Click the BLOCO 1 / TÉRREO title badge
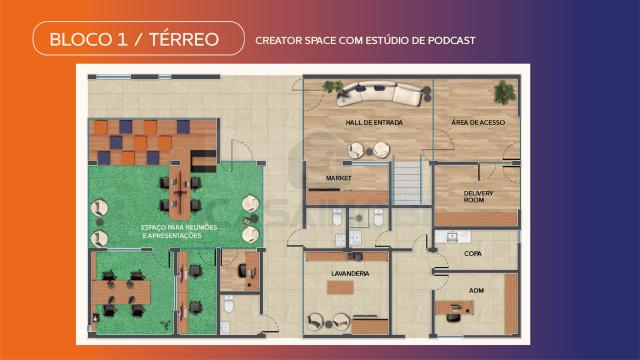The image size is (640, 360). click(138, 38)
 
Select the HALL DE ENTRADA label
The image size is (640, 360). click(374, 122)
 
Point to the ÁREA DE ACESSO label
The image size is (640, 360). click(478, 122)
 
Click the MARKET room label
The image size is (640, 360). click(339, 178)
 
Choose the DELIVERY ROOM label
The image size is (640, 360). click(478, 196)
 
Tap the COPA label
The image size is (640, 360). click(473, 253)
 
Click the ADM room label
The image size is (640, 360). click(476, 291)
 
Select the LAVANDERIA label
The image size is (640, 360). click(350, 273)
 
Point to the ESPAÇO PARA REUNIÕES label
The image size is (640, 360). click(179, 227)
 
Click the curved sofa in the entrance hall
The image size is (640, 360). click(380, 94)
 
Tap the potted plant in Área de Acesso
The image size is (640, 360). click(504, 92)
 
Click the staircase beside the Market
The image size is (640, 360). click(407, 182)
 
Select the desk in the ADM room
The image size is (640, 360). click(455, 307)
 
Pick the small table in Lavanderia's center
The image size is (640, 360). click(340, 287)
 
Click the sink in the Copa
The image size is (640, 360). click(452, 236)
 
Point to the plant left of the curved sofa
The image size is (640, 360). click(333, 86)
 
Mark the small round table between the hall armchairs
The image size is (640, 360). click(369, 152)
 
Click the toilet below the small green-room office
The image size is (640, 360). click(229, 304)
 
